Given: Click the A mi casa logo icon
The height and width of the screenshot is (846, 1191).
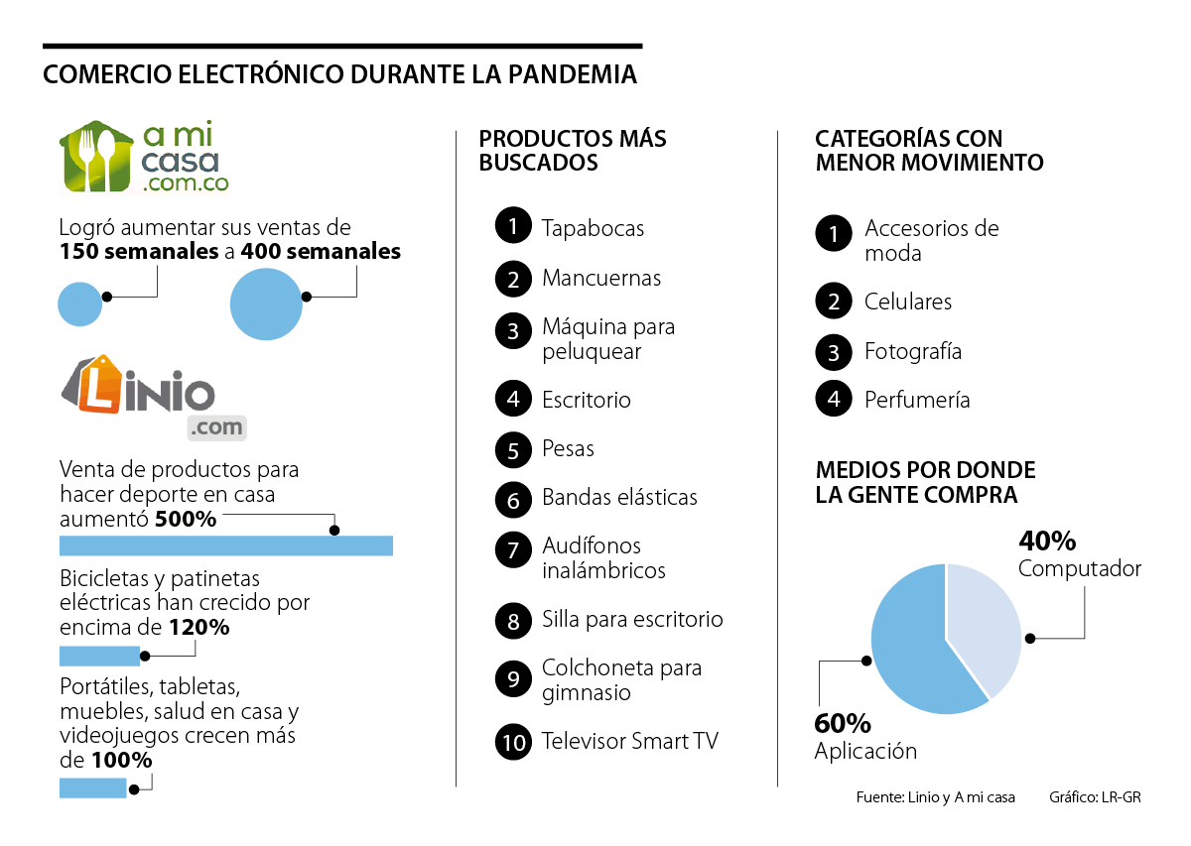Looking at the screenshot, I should pyautogui.click(x=96, y=157).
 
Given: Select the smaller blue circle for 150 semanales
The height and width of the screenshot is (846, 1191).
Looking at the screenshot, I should pyautogui.click(x=80, y=303).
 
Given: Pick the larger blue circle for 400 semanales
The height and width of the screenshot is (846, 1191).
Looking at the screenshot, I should pyautogui.click(x=266, y=304).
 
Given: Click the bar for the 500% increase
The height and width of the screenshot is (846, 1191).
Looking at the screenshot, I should pyautogui.click(x=226, y=545).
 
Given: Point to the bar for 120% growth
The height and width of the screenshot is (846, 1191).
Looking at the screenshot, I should pyautogui.click(x=99, y=656).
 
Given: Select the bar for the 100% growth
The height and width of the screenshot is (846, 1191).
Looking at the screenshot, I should pyautogui.click(x=93, y=787).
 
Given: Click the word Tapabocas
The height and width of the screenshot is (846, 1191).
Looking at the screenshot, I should pyautogui.click(x=593, y=228).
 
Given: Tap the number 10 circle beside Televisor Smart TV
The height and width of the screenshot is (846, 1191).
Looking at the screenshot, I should pyautogui.click(x=513, y=741).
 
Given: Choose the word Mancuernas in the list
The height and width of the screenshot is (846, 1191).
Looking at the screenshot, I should pyautogui.click(x=601, y=278).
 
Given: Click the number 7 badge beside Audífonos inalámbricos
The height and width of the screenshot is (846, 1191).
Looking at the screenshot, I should pyautogui.click(x=513, y=548).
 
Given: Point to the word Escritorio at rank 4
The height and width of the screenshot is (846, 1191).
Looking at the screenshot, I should pyautogui.click(x=587, y=400).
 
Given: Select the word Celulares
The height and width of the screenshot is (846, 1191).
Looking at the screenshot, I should pyautogui.click(x=908, y=302).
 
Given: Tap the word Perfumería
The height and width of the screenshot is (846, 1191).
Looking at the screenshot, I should pyautogui.click(x=917, y=400).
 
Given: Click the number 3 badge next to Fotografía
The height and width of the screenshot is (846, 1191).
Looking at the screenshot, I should pyautogui.click(x=834, y=352).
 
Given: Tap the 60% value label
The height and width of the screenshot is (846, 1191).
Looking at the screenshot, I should pyautogui.click(x=843, y=723).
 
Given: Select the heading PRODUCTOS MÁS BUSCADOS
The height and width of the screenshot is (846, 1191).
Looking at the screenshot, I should pyautogui.click(x=573, y=150).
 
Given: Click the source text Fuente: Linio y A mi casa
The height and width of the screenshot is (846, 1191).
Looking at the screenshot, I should pyautogui.click(x=935, y=798).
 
